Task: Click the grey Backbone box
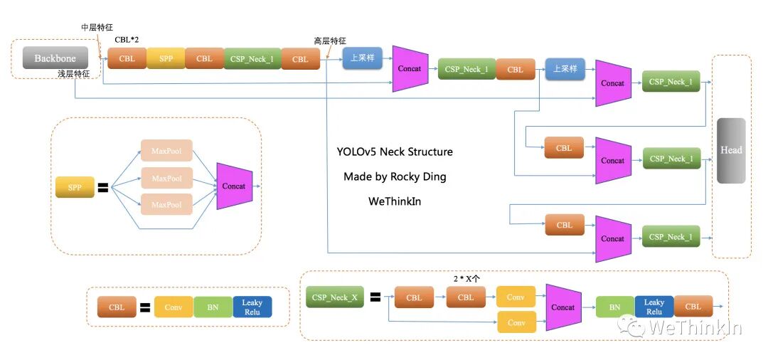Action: [55, 58]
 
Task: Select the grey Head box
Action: [731, 151]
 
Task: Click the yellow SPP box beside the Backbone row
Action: [166, 58]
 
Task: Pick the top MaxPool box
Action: [166, 151]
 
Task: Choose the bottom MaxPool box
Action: [166, 205]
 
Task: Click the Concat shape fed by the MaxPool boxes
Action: [234, 186]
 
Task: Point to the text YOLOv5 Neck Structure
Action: [395, 152]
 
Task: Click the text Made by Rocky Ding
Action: [395, 176]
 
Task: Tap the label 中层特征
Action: [97, 27]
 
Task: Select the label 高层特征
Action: [330, 41]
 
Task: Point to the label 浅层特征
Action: [73, 74]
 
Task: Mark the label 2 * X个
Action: [466, 277]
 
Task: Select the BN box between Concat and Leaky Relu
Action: [614, 307]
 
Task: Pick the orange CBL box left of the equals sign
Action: [117, 307]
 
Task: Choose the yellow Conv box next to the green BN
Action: [174, 307]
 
